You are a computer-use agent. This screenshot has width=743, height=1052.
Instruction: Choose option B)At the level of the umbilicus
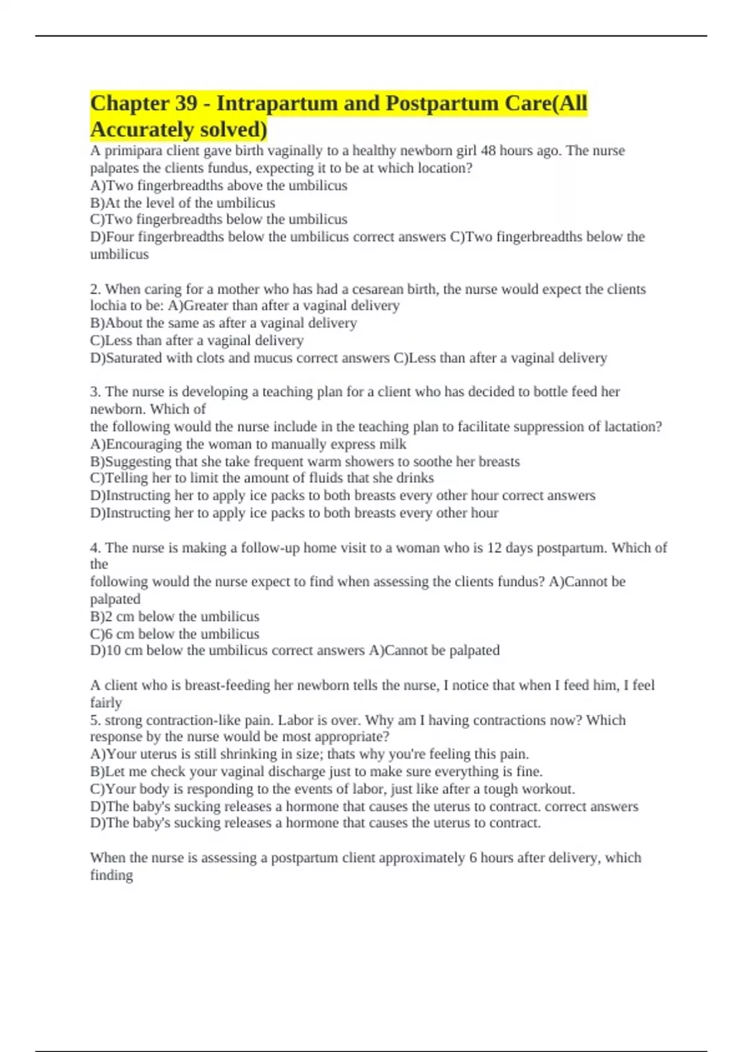pos(183,203)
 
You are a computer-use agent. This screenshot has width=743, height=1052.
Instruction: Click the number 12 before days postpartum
pos(493,548)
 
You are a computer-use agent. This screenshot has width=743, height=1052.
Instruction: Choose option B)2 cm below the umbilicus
pos(175,617)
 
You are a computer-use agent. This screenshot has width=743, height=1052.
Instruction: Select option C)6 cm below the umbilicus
pos(175,634)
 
